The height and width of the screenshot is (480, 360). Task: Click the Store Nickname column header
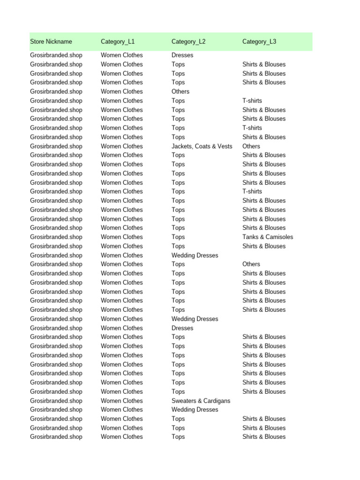[x=51, y=42]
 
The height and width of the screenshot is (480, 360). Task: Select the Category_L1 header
[x=118, y=42]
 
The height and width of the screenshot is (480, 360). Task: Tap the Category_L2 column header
[x=188, y=42]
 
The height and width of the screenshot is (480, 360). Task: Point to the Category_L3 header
[x=259, y=42]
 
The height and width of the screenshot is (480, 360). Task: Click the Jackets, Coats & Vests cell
[x=202, y=146]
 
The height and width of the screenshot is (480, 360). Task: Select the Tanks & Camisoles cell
[x=268, y=237]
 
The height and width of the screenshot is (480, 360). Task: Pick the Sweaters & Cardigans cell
[x=201, y=401]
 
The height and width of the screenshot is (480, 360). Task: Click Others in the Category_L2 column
[x=180, y=91]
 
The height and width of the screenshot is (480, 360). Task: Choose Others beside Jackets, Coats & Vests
[x=251, y=146]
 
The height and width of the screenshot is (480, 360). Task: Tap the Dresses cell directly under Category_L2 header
[x=182, y=55]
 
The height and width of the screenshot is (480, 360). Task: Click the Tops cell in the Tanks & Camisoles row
[x=178, y=237]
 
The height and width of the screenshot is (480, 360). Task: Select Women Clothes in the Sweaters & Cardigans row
[x=122, y=401]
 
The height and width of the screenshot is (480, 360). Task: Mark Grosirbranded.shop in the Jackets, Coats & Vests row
[x=56, y=146]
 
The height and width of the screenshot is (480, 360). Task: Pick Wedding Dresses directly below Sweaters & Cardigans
[x=195, y=410]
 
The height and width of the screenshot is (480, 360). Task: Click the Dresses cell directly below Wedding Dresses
[x=182, y=328]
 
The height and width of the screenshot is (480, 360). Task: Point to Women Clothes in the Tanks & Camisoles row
[x=122, y=237]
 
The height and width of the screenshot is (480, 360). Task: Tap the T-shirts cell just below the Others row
[x=252, y=101]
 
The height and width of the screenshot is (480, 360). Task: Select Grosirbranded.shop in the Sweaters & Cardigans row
[x=56, y=401]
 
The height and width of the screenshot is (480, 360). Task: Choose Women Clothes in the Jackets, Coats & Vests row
[x=122, y=146]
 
